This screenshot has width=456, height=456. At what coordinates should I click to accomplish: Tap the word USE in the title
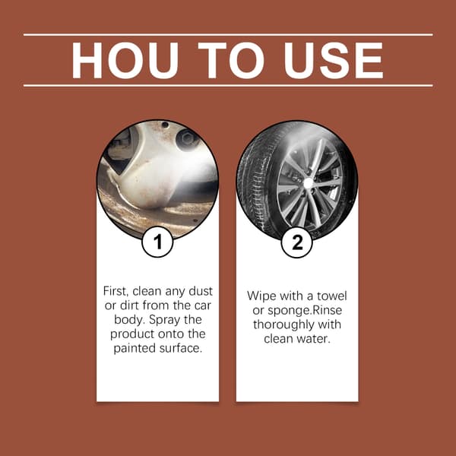coord(334,60)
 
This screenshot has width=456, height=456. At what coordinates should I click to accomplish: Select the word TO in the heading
coord(231,60)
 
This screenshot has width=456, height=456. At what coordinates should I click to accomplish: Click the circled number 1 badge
coord(157,242)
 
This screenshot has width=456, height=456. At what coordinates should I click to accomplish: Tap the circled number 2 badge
coord(297,242)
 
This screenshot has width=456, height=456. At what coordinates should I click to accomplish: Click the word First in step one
coord(116,291)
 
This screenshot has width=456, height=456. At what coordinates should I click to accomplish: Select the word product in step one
coord(132,334)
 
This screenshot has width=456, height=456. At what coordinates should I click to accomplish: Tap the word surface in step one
coord(181,348)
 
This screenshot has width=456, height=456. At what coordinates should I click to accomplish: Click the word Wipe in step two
coord(260,296)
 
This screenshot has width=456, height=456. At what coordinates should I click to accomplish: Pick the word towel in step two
coord(332,296)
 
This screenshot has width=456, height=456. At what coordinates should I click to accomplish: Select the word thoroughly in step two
coord(283,325)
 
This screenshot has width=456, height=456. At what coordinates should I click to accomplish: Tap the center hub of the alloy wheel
coord(309,183)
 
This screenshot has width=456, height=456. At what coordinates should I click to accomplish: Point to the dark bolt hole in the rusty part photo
coord(187,138)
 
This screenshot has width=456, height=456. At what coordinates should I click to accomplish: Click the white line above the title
coord(228,35)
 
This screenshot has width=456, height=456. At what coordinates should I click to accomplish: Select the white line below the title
coord(228,86)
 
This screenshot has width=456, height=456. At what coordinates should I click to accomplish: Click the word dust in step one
coord(201,291)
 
